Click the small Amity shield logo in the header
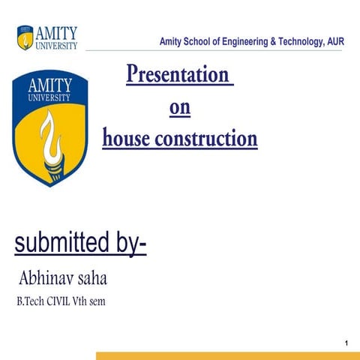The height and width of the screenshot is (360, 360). tap(25, 35)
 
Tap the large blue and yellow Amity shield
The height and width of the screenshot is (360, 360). tap(50, 127)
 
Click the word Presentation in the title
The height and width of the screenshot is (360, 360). tap(178, 76)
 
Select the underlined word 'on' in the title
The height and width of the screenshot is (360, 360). tap(180, 109)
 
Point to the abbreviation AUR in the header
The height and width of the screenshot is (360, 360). tap(334, 41)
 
